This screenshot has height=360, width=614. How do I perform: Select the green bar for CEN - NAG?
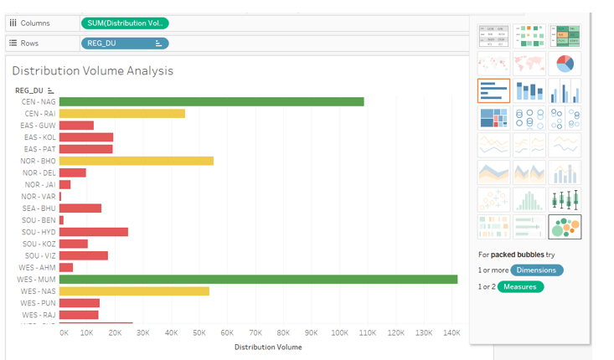click(211, 101)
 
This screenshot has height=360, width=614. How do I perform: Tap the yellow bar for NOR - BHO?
click(136, 161)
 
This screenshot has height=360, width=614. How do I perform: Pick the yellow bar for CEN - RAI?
click(122, 113)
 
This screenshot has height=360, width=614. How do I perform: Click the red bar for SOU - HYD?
click(94, 232)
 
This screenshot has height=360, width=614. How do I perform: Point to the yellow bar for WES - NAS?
click(134, 291)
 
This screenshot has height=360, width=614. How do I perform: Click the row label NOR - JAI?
click(40, 185)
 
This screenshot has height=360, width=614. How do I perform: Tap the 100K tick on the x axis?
click(339, 332)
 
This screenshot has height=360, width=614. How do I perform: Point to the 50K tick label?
click(199, 332)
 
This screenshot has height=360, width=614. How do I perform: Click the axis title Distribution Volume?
click(268, 347)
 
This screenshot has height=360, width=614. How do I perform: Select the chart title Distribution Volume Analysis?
click(92, 71)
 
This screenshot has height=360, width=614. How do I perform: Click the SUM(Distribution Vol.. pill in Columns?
click(125, 23)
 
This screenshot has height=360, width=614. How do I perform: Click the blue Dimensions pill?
click(536, 270)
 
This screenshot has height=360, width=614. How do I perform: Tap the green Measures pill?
click(519, 287)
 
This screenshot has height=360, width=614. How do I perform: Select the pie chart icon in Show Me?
click(564, 64)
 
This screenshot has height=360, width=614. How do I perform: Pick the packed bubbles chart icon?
click(564, 227)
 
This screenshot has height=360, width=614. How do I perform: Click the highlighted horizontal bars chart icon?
click(493, 90)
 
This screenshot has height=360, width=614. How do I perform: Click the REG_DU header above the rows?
click(29, 90)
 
